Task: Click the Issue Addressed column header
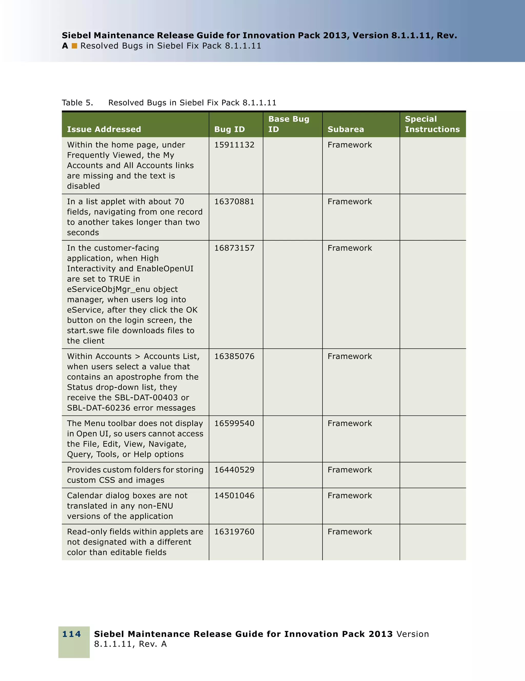[104, 129]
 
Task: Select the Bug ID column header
[229, 129]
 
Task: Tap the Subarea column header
[346, 129]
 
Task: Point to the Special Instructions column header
[432, 124]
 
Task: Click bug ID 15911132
[234, 145]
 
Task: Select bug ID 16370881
[234, 201]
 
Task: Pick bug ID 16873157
[234, 248]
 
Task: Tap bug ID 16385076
[234, 356]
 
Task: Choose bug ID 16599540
[234, 423]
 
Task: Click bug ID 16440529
[234, 470]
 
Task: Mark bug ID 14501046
[234, 496]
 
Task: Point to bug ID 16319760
[234, 532]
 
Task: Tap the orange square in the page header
[74, 46]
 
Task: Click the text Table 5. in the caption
[77, 103]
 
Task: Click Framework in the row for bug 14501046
[350, 496]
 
